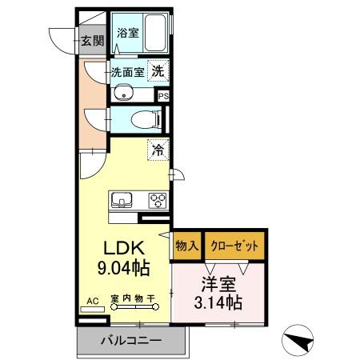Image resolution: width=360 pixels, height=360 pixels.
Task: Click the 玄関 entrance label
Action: [92, 40]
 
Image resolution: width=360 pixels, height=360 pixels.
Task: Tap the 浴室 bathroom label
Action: [128, 34]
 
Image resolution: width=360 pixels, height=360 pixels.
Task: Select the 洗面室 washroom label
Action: [127, 71]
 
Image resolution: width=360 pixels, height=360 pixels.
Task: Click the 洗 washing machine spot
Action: [159, 71]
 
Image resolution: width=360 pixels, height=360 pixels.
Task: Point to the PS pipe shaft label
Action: [164, 96]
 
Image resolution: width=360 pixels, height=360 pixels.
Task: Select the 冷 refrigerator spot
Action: [158, 149]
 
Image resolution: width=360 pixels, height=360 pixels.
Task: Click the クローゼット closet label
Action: [234, 246]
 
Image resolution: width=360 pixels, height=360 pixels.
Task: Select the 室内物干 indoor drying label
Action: [133, 300]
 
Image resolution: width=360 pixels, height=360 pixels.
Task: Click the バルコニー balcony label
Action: [130, 341]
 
